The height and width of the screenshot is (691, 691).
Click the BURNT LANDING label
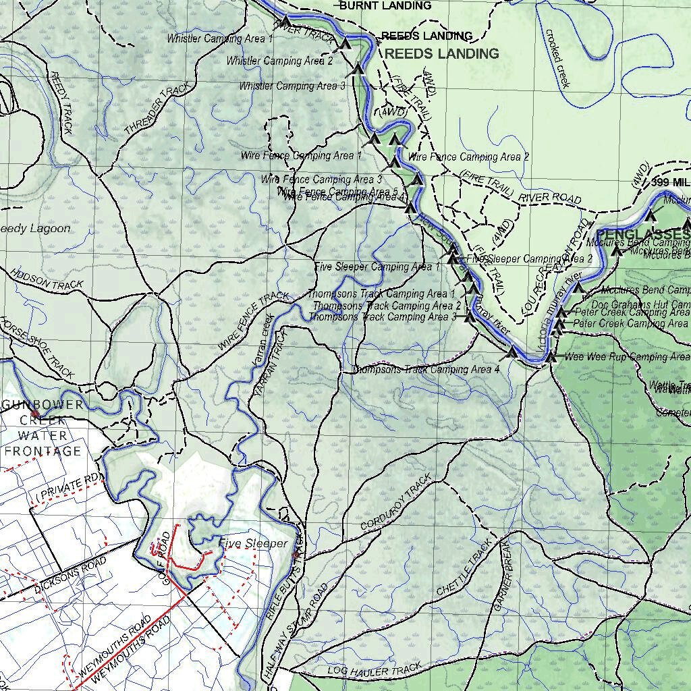point(385,6)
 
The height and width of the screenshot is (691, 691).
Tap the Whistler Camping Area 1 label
point(220,39)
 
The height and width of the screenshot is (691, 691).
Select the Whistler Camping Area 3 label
point(292,86)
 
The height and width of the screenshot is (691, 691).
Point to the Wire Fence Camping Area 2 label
point(469,157)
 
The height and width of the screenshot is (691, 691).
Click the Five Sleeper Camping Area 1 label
point(377,267)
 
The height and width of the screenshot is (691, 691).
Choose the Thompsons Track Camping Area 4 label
point(426,370)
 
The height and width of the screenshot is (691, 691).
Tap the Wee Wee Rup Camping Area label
point(627,357)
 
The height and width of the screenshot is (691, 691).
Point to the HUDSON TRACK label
point(46,280)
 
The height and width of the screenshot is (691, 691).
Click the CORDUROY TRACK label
point(395,503)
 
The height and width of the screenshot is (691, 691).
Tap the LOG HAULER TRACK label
point(374,670)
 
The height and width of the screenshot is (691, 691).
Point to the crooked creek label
point(557,58)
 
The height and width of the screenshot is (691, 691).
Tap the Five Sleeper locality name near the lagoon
point(252,544)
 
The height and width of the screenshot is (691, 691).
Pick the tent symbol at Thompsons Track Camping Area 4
point(512,352)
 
